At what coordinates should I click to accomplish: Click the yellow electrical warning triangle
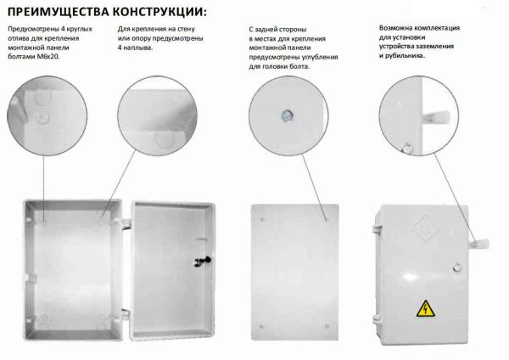click(426, 308)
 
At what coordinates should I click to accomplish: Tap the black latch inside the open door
click(203, 261)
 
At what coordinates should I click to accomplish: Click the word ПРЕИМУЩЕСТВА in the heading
click(59, 12)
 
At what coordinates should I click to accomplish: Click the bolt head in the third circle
click(288, 115)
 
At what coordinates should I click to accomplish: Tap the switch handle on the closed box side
click(478, 243)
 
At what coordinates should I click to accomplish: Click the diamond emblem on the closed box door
click(424, 227)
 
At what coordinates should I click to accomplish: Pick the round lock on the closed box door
click(457, 267)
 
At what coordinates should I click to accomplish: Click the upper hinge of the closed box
click(377, 228)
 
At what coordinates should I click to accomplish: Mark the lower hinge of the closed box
click(377, 318)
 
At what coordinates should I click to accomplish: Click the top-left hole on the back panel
click(262, 220)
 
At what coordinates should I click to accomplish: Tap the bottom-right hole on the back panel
click(327, 325)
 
